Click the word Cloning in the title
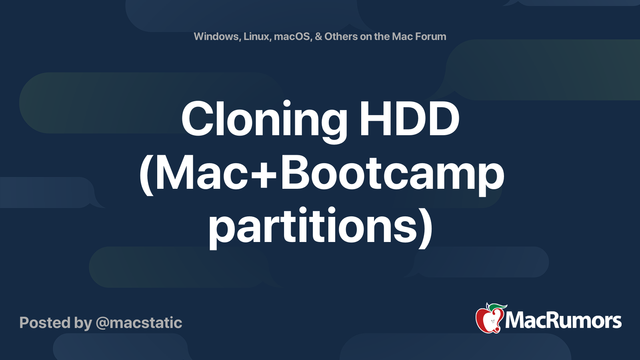tap(264, 122)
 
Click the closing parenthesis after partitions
tap(426, 228)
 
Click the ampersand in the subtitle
tap(318, 36)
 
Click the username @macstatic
tap(139, 323)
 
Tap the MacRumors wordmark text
tap(563, 320)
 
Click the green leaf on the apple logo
tap(497, 307)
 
